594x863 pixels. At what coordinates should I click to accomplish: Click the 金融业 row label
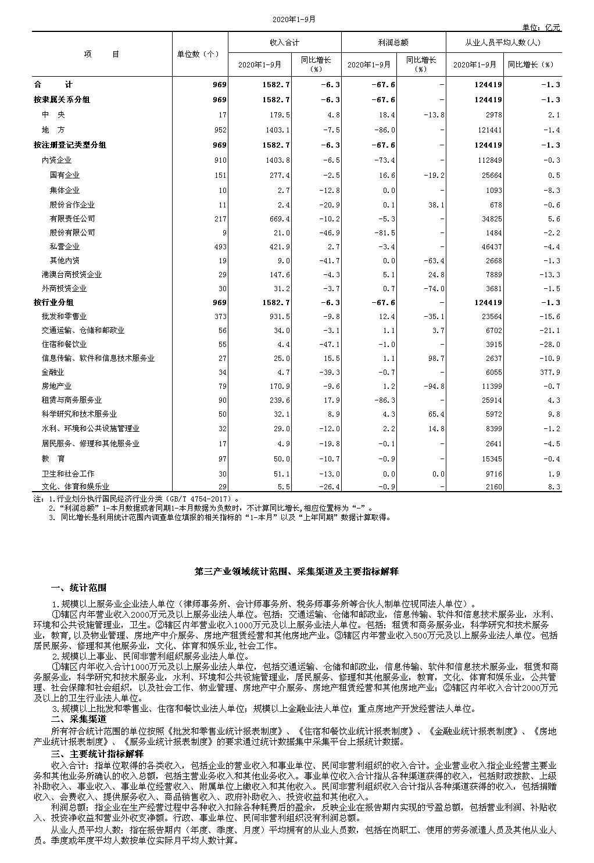click(x=52, y=372)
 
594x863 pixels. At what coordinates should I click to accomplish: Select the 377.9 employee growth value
click(x=549, y=372)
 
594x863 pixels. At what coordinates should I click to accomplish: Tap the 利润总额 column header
click(x=393, y=42)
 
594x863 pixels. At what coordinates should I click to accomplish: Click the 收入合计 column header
click(x=284, y=42)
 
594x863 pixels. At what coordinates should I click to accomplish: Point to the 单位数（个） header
click(x=199, y=54)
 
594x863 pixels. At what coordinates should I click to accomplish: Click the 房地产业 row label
click(x=56, y=386)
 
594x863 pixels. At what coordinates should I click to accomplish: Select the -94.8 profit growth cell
click(x=434, y=386)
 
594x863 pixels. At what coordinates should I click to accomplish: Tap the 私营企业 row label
click(x=65, y=246)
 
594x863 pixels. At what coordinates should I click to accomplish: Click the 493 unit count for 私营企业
click(x=220, y=246)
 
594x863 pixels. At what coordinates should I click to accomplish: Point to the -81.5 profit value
click(x=385, y=232)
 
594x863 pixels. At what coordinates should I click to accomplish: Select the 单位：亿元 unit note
click(x=541, y=27)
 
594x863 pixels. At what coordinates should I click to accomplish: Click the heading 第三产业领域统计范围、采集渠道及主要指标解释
click(x=296, y=572)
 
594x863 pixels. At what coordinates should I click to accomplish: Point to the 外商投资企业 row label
click(x=64, y=288)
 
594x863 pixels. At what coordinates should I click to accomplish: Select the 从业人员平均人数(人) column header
click(x=503, y=42)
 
